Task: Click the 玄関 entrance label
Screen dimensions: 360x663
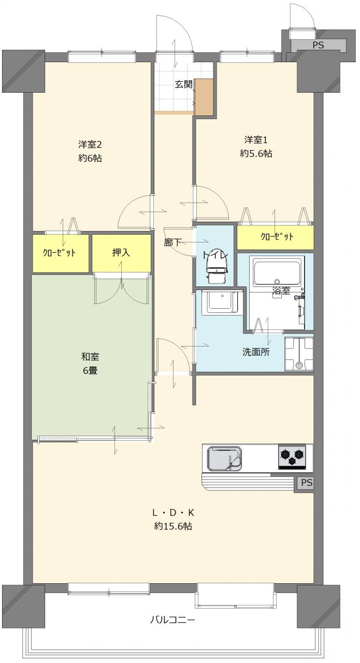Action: [x=183, y=84]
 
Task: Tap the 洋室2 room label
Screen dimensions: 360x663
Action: [x=90, y=145]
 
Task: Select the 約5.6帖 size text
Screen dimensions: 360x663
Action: [x=256, y=153]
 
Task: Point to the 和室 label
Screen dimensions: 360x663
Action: [x=90, y=357]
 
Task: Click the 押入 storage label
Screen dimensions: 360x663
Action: [x=121, y=252]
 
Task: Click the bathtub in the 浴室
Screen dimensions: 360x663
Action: [x=277, y=271]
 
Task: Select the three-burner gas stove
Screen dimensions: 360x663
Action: [x=292, y=457]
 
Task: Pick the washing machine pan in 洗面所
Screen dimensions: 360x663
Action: [x=299, y=354]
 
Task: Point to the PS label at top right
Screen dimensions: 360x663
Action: [x=318, y=45]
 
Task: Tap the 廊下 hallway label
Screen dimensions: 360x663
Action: [x=173, y=242]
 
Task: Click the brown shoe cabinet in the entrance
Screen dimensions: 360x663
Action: [x=204, y=97]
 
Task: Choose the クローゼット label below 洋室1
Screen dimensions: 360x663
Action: [x=277, y=237]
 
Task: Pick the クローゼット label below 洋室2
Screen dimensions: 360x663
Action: [x=59, y=253]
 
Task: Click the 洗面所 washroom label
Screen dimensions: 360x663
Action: [x=256, y=352]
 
